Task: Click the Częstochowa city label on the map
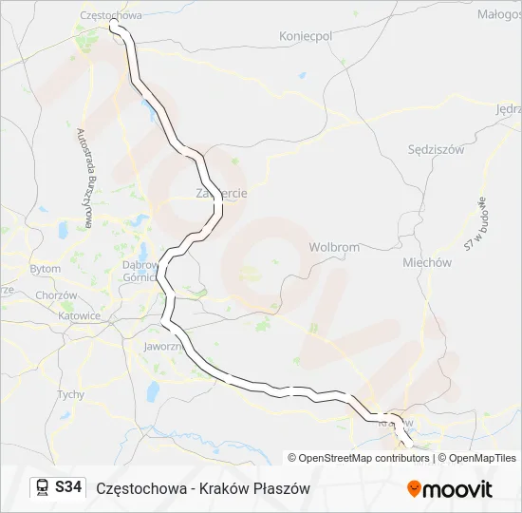pyautogui.click(x=111, y=15)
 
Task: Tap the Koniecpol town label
pyautogui.click(x=306, y=35)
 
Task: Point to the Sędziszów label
pyautogui.click(x=435, y=149)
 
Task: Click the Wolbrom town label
pyautogui.click(x=334, y=247)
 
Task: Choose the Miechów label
pyautogui.click(x=426, y=263)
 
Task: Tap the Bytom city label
pyautogui.click(x=45, y=269)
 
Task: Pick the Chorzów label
pyautogui.click(x=55, y=295)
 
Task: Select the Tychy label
pyautogui.click(x=70, y=394)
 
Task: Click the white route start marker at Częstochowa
pyautogui.click(x=114, y=27)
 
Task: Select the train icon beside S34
pyautogui.click(x=42, y=487)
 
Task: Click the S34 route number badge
pyautogui.click(x=68, y=487)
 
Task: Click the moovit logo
pyautogui.click(x=450, y=488)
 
